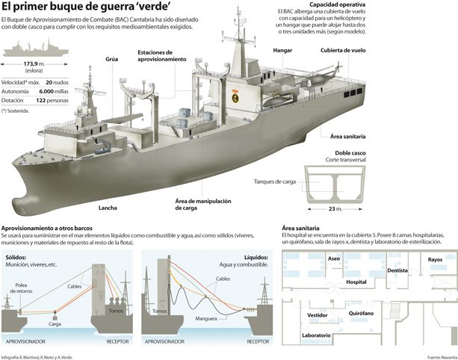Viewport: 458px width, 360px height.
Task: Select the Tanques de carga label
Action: click(x=276, y=181)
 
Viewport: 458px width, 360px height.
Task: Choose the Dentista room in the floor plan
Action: click(x=397, y=270)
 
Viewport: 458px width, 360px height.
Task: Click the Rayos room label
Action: click(x=435, y=260)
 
